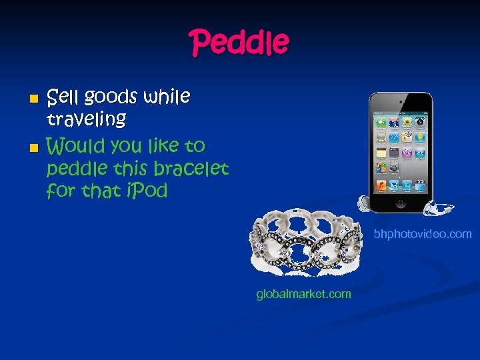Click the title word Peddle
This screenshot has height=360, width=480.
click(x=240, y=43)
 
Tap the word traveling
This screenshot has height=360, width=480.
click(x=86, y=120)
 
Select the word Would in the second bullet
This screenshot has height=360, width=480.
click(x=74, y=145)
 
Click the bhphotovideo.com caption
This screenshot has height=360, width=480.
click(x=423, y=234)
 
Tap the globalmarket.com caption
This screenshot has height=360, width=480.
click(x=303, y=294)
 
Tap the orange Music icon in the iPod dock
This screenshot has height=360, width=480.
click(x=381, y=184)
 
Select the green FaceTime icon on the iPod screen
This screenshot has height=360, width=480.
click(x=381, y=122)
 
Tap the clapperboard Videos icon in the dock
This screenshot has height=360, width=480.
click(x=420, y=184)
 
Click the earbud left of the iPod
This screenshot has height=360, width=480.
click(x=363, y=201)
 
